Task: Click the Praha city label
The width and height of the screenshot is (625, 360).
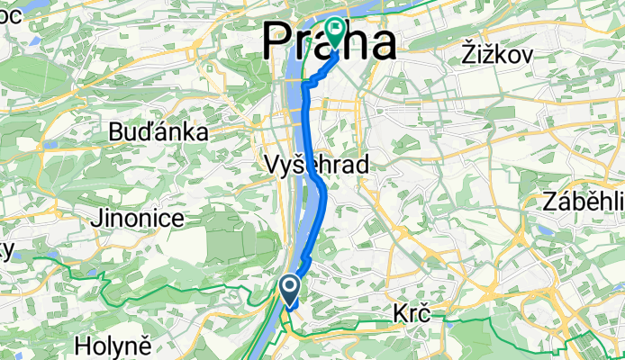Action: [x=329, y=43]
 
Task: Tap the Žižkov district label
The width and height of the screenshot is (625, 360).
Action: [x=495, y=53]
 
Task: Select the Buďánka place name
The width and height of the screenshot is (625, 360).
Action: [x=158, y=132]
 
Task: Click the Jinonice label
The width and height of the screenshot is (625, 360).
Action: [x=138, y=218]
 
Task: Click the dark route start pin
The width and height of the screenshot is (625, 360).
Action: [x=290, y=288]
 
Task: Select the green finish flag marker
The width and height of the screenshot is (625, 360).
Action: [x=336, y=31]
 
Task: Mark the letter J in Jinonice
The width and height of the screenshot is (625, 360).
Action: [x=95, y=218]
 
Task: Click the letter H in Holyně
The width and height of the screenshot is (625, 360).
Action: [x=82, y=344]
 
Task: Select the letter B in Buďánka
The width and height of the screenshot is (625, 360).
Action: [x=114, y=132]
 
